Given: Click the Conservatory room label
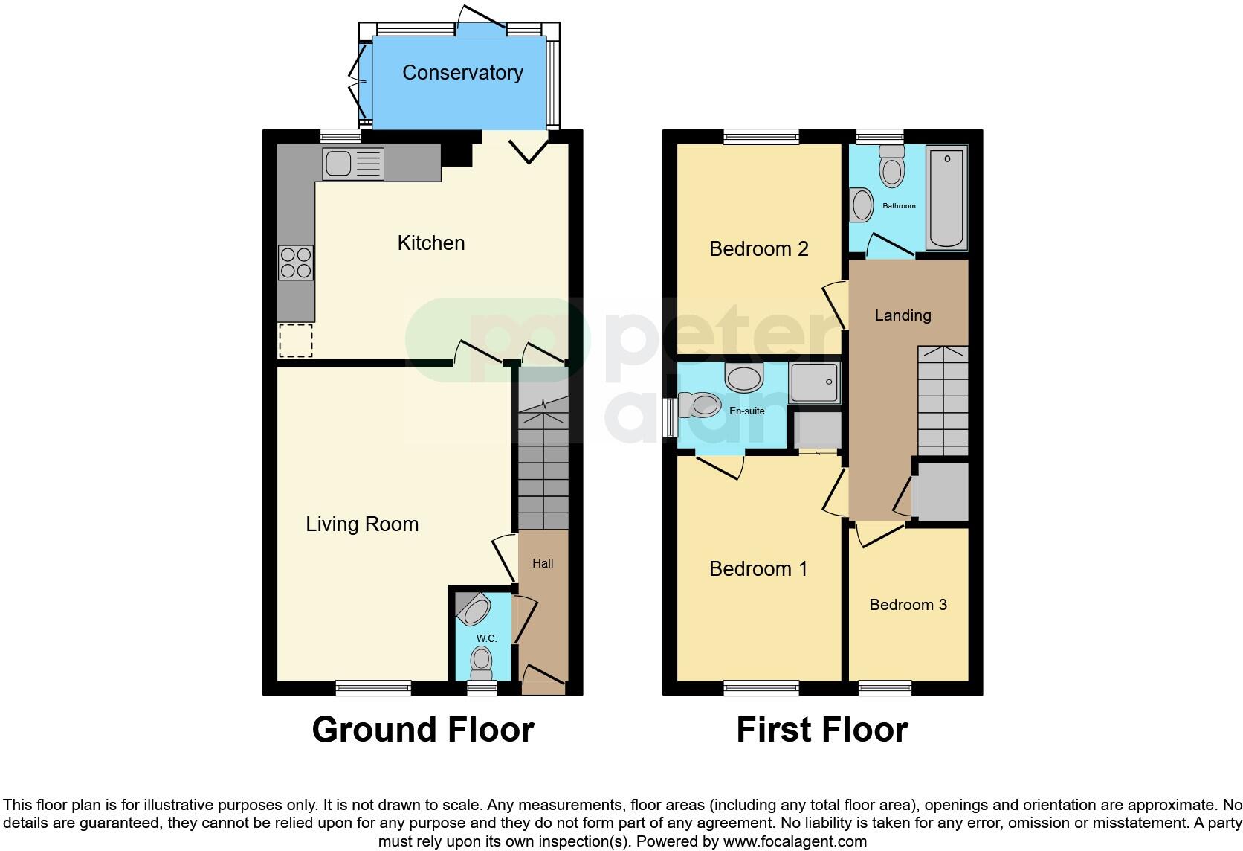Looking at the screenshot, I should coord(462,72).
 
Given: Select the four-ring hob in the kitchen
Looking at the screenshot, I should coord(296,263).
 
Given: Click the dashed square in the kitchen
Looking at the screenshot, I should coord(295,341).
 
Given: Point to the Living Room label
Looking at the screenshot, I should coord(362,524).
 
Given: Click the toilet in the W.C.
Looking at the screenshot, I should coord(482,661).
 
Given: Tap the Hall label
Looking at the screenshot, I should coord(543,563).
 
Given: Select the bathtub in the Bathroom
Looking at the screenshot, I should coord(946,198).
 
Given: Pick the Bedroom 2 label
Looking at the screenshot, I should coord(758,248).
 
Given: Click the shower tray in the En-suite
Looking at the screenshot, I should coord(814,383).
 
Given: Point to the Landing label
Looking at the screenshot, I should coord(903,315).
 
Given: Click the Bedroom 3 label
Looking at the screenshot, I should coord(908,604).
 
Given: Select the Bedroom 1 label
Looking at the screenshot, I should coord(758,569).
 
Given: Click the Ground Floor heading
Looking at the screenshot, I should coord(422,730).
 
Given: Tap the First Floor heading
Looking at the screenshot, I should coord(821,730).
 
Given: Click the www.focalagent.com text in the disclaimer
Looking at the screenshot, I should coord(795,842).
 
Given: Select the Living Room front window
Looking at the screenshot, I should coord(373,688).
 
